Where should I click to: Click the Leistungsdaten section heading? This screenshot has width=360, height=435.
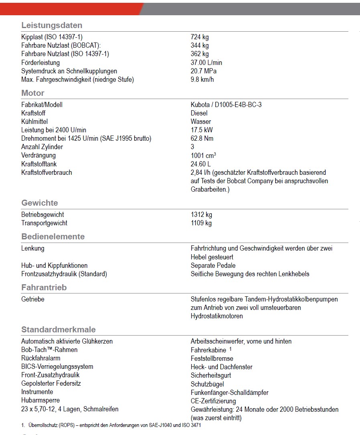click(52, 25)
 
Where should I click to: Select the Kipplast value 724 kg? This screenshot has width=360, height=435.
click(199, 37)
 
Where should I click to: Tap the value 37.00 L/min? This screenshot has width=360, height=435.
click(206, 63)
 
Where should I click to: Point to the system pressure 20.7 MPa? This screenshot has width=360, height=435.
click(204, 71)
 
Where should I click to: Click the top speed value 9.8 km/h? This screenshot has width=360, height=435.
click(202, 79)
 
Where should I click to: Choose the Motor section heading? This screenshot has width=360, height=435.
click(33, 93)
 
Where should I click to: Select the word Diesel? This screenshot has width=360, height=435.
click(199, 113)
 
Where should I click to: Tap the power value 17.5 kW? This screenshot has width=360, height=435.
click(202, 130)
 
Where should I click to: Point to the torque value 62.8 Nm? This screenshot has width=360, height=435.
click(202, 138)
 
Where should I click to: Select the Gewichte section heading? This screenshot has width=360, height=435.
click(40, 203)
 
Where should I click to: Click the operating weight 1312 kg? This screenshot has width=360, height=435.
click(201, 214)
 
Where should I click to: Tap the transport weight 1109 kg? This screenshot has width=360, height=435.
click(201, 223)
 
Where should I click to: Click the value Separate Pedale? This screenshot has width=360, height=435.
click(213, 265)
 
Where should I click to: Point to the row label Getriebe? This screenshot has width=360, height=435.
click(33, 299)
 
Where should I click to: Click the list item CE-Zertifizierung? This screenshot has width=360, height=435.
click(213, 401)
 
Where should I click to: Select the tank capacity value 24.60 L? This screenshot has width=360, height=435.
click(201, 164)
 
